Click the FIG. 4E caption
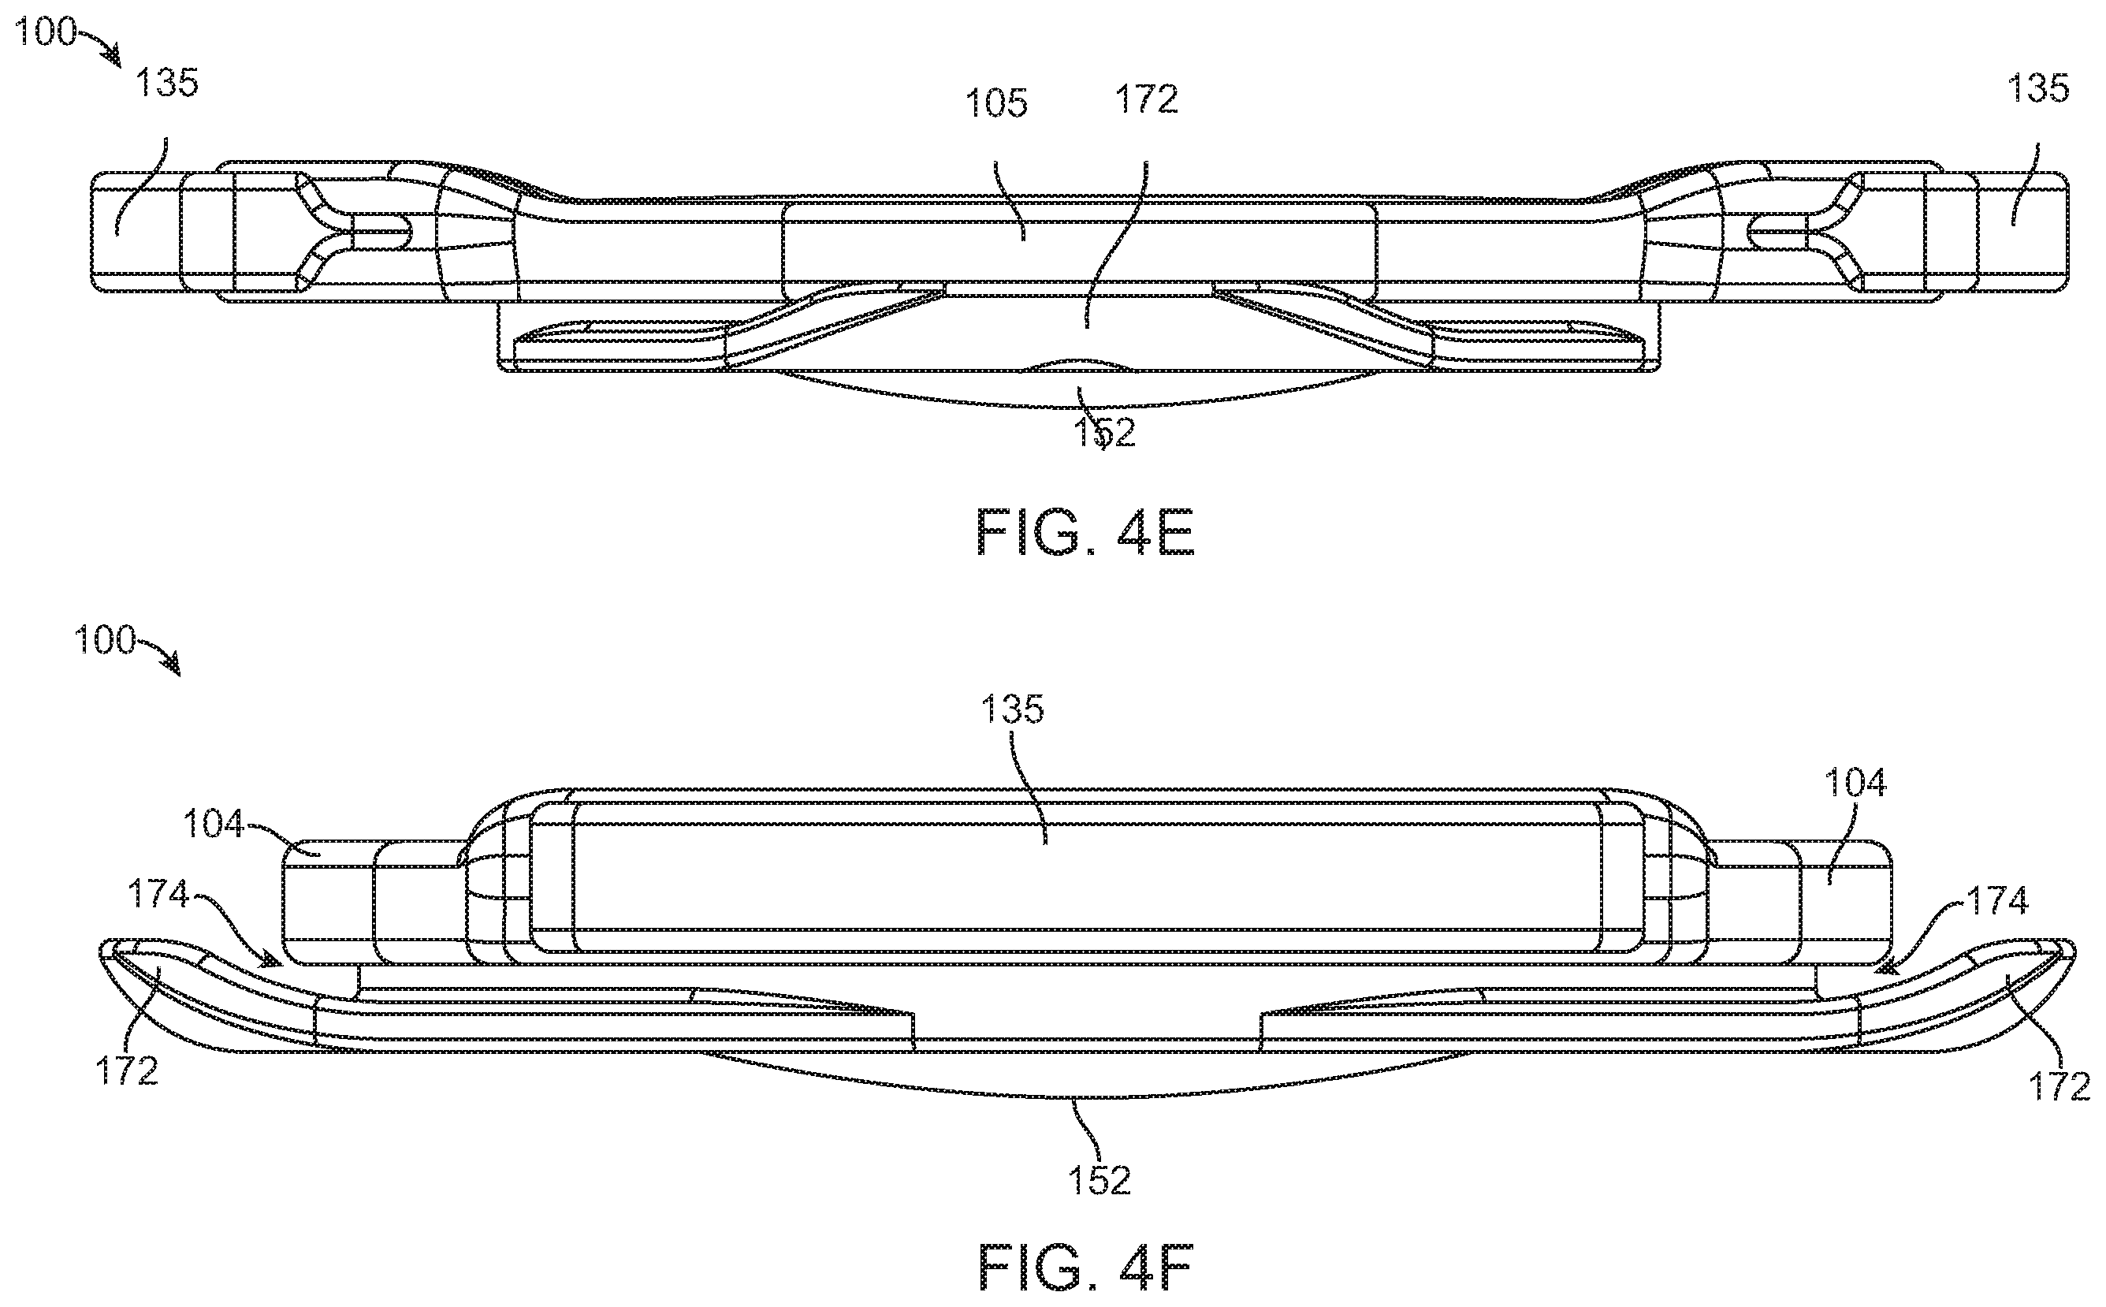coord(1085,534)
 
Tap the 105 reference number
coord(996,105)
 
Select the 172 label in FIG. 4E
coord(1147,100)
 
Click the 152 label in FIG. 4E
coord(1103,433)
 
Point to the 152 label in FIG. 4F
coord(1100,1181)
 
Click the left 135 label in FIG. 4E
coord(167,84)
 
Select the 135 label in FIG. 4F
coord(1012,709)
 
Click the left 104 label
coord(214,824)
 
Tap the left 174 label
coord(159,895)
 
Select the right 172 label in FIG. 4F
coord(2059,1086)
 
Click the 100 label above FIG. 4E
coord(45,33)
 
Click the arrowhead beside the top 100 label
coord(113,56)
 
